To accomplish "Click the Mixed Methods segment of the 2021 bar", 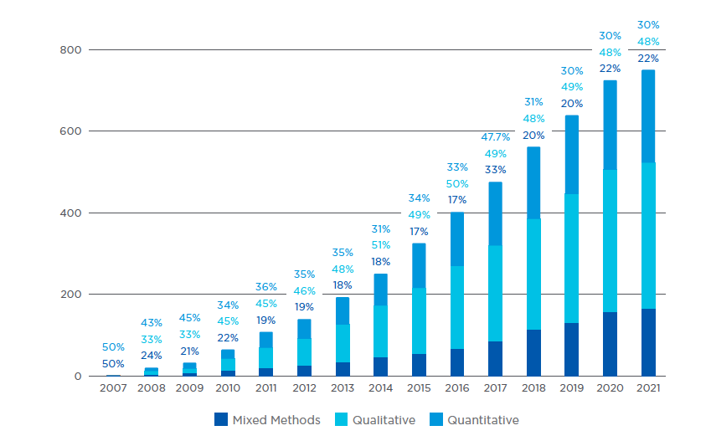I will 647,342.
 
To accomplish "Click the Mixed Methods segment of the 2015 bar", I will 419,365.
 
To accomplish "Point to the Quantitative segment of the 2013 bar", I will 343,310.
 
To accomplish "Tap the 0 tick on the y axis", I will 77,377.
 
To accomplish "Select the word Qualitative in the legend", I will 384,420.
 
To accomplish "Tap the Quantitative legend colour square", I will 435,420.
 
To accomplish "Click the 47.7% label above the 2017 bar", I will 495,136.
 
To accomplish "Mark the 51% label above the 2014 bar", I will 380,245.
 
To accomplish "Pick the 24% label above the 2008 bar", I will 152,356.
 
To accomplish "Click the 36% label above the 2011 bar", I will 266,287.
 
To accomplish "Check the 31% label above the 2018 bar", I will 533,102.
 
